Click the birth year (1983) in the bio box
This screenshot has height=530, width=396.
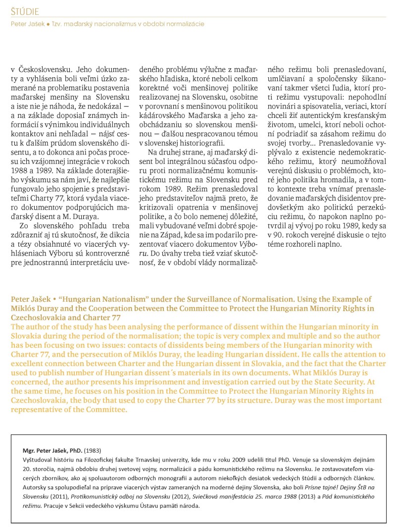(93, 450)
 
